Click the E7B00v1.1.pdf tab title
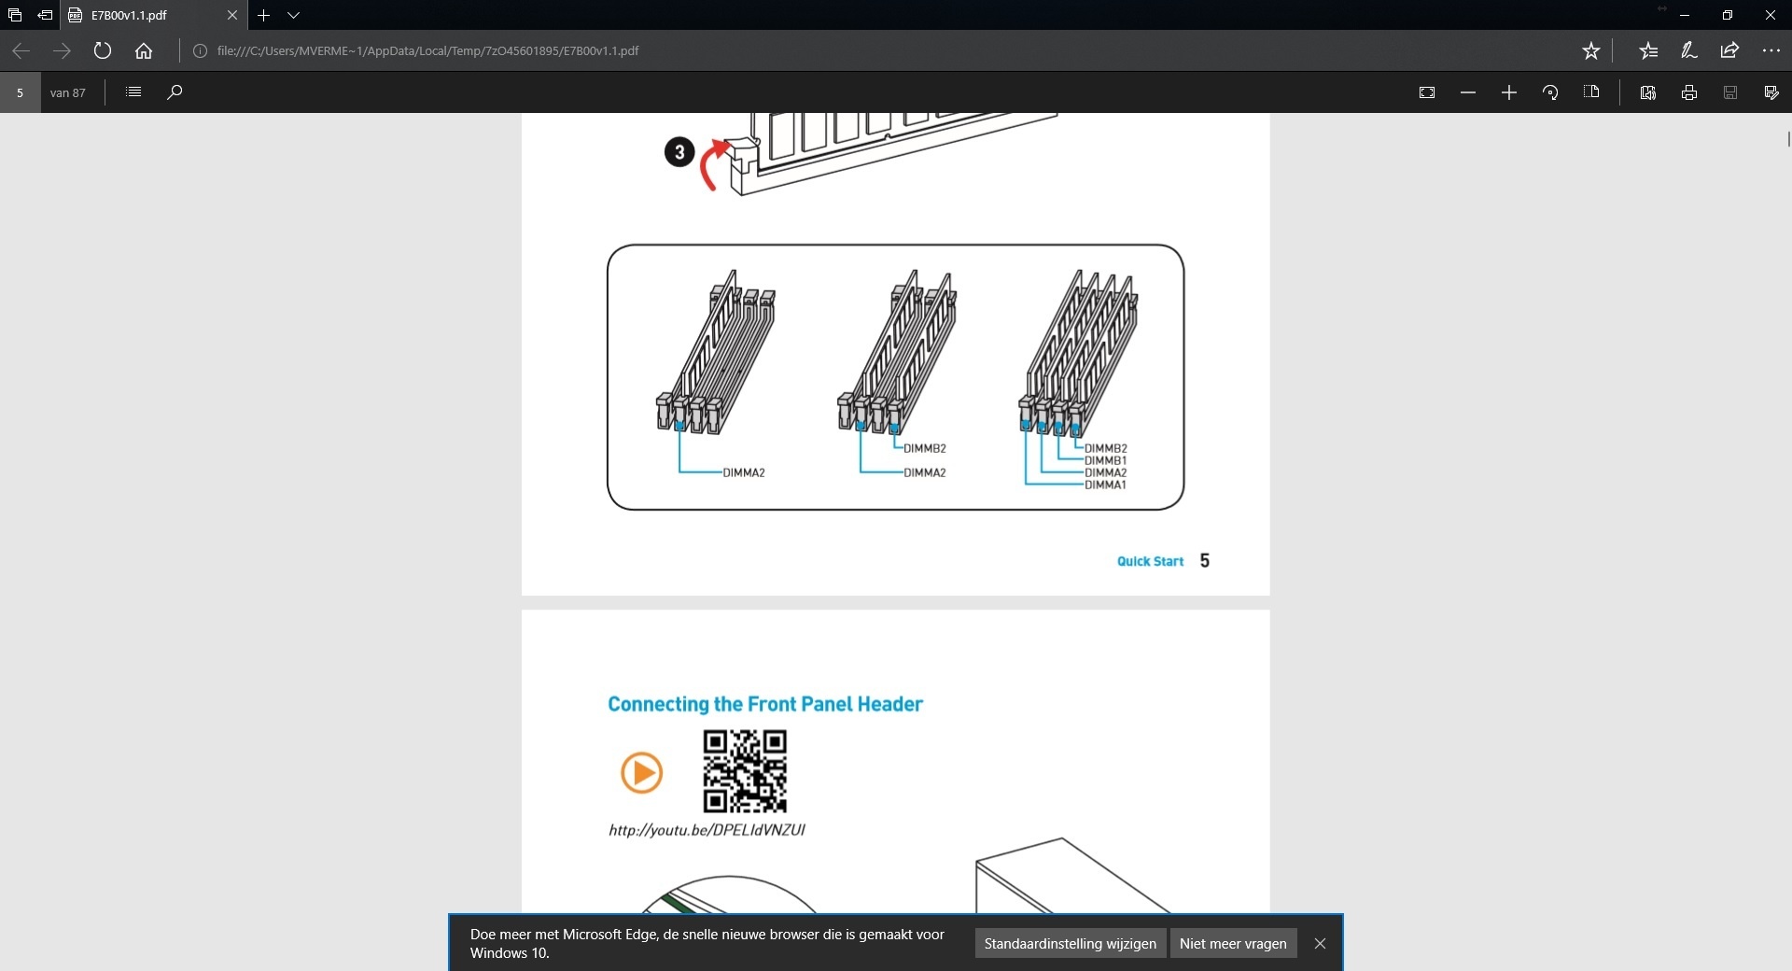click(129, 15)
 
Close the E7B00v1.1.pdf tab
click(232, 15)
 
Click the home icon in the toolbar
click(144, 50)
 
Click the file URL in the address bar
click(427, 50)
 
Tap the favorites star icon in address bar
click(1591, 50)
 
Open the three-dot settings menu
click(1771, 50)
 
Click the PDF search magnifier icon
click(175, 91)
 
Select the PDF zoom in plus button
click(1509, 92)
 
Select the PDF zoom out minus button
click(1468, 92)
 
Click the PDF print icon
click(1689, 92)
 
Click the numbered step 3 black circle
click(679, 151)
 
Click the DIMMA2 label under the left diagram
click(744, 472)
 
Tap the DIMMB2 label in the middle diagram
click(925, 448)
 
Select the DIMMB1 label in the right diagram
click(1106, 460)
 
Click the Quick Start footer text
click(1150, 561)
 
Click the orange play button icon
click(641, 773)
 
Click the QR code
click(745, 771)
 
